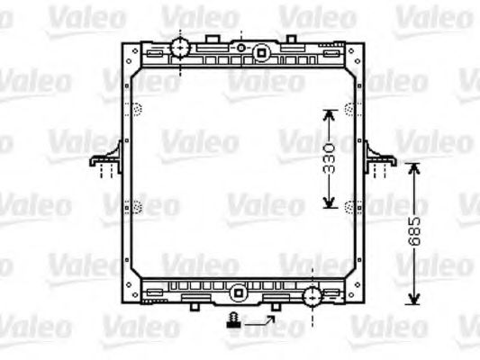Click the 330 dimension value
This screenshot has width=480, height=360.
tap(330, 157)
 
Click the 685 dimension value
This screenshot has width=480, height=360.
tap(413, 233)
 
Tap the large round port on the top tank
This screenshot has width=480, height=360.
tap(180, 47)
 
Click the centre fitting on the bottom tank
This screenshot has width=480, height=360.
tap(237, 292)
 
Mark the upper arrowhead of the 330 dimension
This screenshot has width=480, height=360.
tap(330, 113)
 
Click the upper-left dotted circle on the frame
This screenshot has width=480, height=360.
tap(137, 111)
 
